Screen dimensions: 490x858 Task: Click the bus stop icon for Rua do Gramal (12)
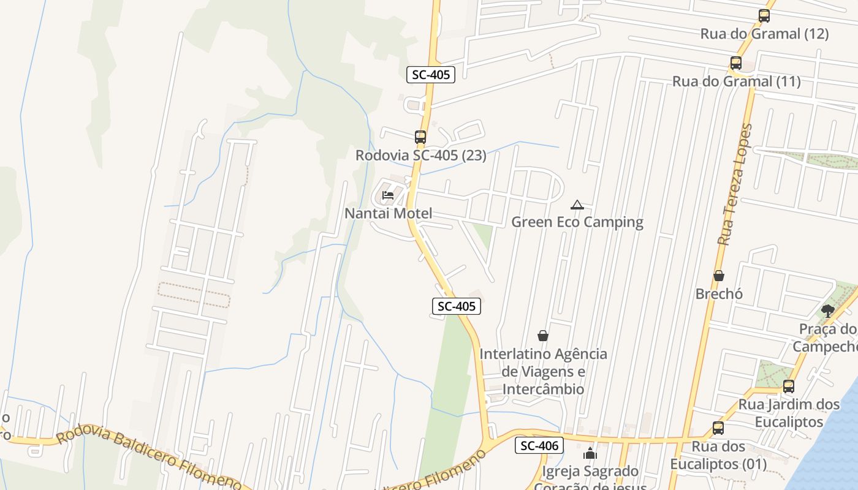pos(764,16)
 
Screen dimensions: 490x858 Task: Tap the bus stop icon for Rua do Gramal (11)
pos(736,63)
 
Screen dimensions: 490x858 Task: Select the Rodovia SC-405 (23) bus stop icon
pos(420,137)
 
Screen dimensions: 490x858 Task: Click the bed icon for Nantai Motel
pos(388,195)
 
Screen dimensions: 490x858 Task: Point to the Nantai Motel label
pos(388,214)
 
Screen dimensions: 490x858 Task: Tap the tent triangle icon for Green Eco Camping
pos(577,204)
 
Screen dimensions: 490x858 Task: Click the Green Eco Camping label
pos(577,222)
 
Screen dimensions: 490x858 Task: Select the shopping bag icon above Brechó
pos(719,276)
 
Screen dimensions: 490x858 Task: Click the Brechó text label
pos(719,294)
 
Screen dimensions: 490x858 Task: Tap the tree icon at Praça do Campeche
pos(827,311)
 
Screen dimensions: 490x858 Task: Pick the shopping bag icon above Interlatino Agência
pos(542,336)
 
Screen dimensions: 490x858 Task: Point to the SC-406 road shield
pos(539,446)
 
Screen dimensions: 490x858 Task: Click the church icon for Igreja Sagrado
pos(590,453)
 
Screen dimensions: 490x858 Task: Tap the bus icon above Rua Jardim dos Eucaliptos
pos(789,386)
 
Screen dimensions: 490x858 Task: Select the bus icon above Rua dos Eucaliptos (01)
pos(718,428)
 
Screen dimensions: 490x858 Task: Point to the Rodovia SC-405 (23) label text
pos(420,156)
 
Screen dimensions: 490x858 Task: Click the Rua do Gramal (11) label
pos(736,81)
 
